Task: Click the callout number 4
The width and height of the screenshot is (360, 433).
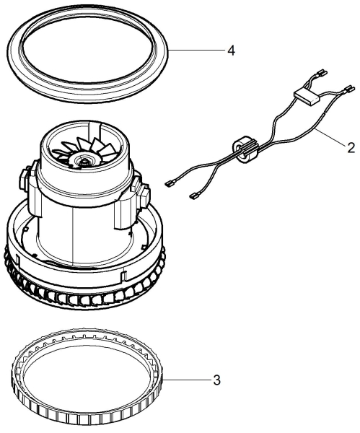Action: [x=231, y=51]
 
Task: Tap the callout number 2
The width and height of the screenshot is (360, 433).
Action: [x=351, y=148]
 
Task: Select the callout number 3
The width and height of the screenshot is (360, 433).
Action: [x=217, y=380]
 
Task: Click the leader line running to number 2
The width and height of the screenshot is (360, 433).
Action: [x=330, y=137]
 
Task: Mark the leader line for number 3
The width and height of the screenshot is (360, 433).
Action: [x=186, y=380]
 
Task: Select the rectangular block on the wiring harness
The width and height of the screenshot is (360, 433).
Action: [x=306, y=97]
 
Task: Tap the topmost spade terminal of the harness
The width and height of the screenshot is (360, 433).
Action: [x=322, y=73]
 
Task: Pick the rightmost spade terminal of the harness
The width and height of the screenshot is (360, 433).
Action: [x=349, y=89]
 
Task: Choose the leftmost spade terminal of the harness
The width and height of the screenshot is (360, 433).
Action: [x=169, y=183]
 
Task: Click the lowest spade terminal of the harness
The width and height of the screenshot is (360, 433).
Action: [x=193, y=196]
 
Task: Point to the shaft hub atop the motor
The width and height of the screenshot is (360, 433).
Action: [x=84, y=161]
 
